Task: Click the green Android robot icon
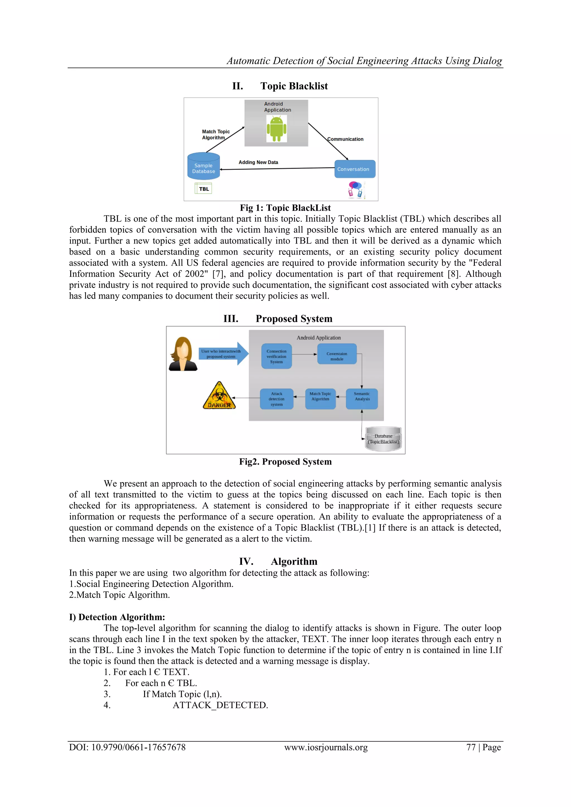pyautogui.click(x=276, y=129)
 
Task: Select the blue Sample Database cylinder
pyautogui.click(x=204, y=167)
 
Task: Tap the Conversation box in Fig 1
pyautogui.click(x=354, y=169)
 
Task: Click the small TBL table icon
pyautogui.click(x=203, y=188)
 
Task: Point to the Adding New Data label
pyautogui.click(x=258, y=162)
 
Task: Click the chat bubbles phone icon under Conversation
pyautogui.click(x=356, y=190)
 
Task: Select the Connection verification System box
pyautogui.click(x=276, y=356)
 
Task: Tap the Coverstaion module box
pyautogui.click(x=337, y=354)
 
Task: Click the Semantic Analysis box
pyautogui.click(x=362, y=398)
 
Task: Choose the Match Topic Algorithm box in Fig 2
pyautogui.click(x=320, y=398)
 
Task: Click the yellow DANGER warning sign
pyautogui.click(x=219, y=397)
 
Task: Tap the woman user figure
pyautogui.click(x=183, y=354)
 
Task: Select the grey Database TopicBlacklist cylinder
pyautogui.click(x=384, y=439)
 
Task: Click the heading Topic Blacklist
pyautogui.click(x=294, y=86)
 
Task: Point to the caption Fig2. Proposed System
pyautogui.click(x=285, y=461)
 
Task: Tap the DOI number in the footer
pyautogui.click(x=127, y=747)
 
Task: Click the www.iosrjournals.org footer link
pyautogui.click(x=326, y=747)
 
